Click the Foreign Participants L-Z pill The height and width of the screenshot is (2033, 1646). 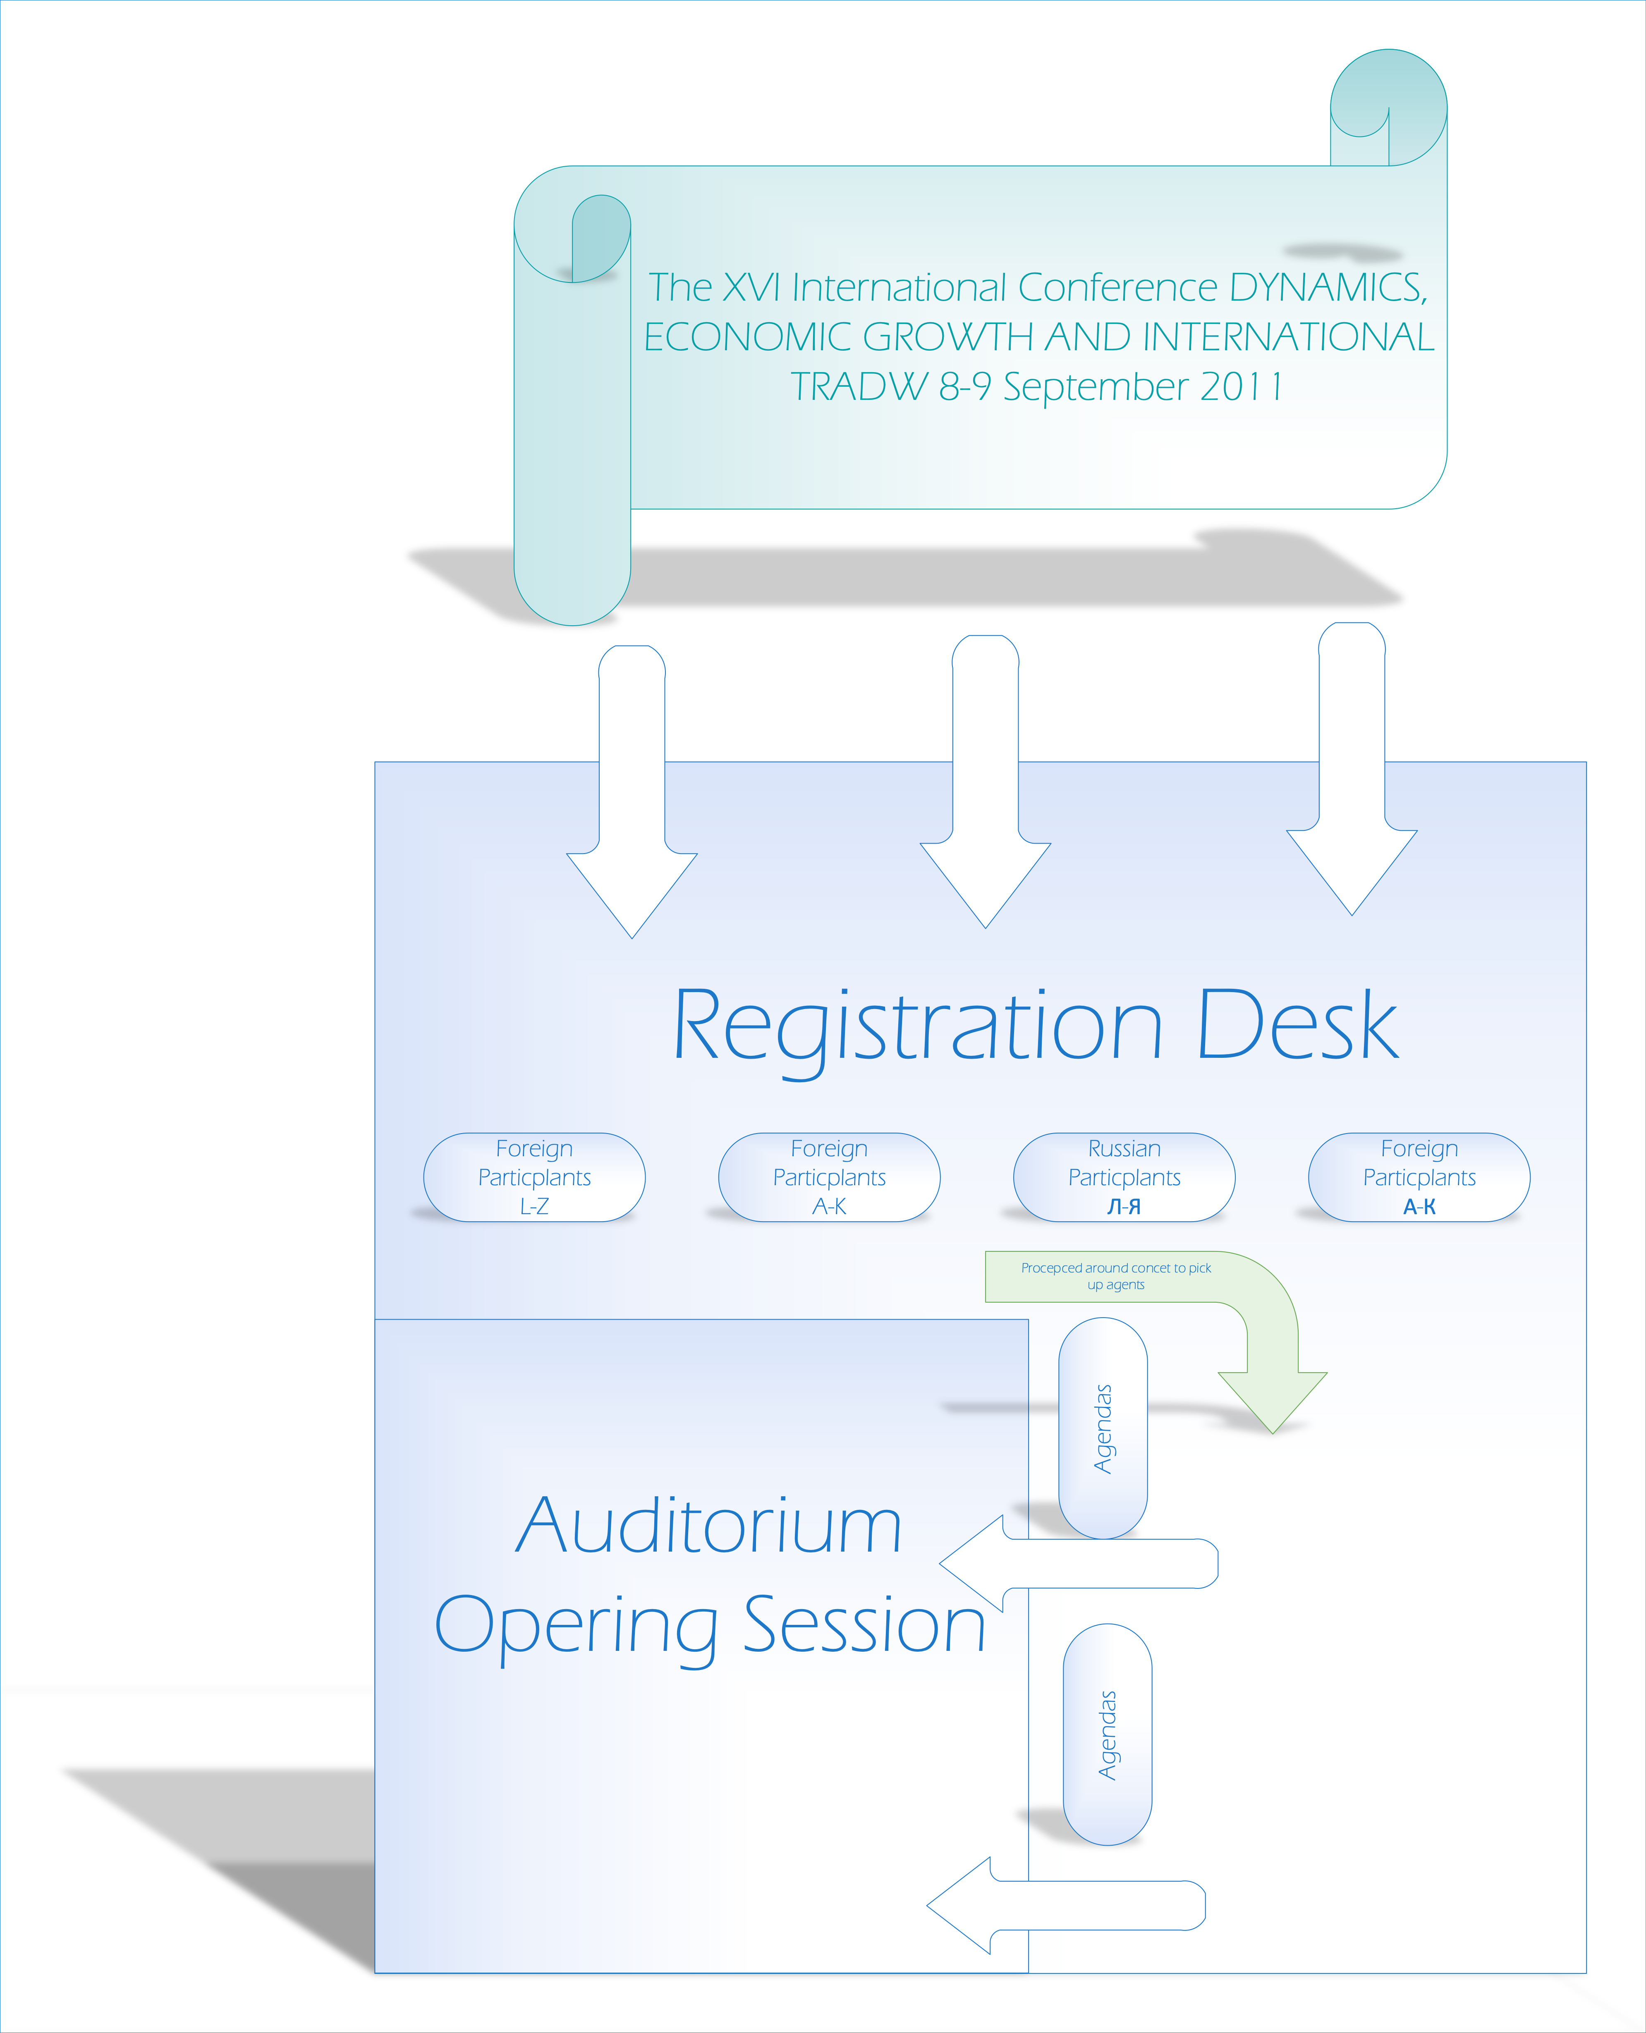click(x=534, y=1177)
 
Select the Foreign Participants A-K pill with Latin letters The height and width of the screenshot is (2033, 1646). click(x=829, y=1177)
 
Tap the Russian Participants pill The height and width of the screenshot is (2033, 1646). click(x=1124, y=1177)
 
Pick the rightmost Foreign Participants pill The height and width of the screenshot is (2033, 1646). click(x=1419, y=1177)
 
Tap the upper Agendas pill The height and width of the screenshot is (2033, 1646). click(x=1103, y=1428)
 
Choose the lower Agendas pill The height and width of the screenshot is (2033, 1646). click(x=1108, y=1734)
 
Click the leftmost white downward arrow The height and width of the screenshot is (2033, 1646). click(x=632, y=792)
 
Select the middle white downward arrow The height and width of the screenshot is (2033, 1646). click(x=985, y=781)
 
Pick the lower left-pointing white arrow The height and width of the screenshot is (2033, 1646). click(x=1066, y=1905)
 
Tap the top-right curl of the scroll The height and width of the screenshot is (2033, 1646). click(x=1388, y=107)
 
